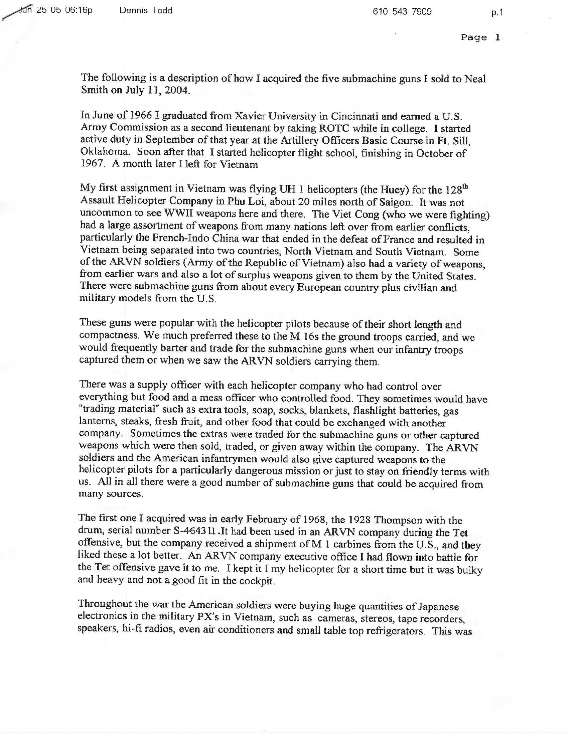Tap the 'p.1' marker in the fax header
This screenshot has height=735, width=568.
[x=496, y=12]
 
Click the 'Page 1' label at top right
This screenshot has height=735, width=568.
[x=480, y=37]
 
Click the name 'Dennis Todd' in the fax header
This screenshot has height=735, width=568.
[x=146, y=11]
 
